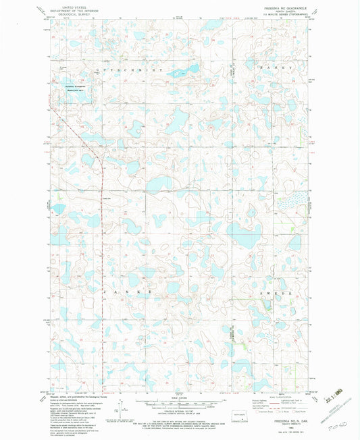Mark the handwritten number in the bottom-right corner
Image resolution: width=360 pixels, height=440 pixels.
tap(331, 427)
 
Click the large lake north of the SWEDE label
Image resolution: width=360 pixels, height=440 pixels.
tap(241, 236)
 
